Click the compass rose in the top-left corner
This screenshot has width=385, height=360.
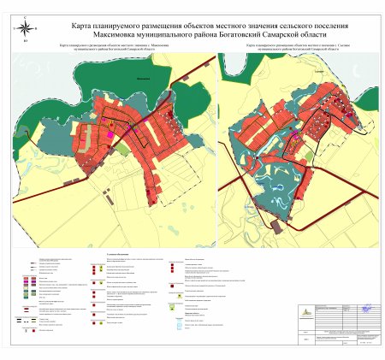pyautogui.click(x=25, y=30)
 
